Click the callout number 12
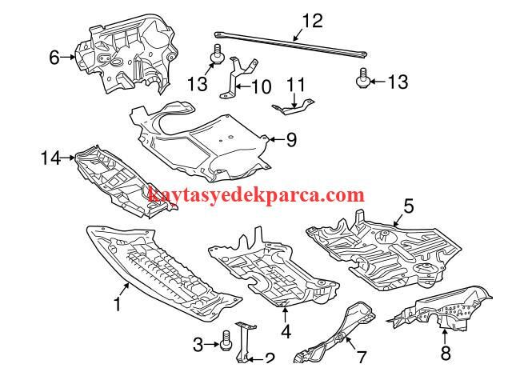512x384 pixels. point(313,21)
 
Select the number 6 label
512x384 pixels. point(54,58)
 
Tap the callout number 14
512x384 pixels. point(50,158)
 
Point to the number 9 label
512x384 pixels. point(291,140)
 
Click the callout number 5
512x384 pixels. point(409,206)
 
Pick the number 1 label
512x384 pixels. point(118,303)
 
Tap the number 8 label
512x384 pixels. point(446,353)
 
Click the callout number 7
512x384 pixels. point(361,357)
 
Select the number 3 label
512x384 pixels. point(198,345)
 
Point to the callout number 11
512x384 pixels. point(296,85)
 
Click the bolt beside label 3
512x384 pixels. point(225,341)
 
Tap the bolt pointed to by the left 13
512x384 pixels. point(217,54)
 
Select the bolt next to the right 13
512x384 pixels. point(362,78)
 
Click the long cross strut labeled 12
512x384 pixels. point(291,45)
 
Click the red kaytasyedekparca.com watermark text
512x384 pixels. point(256,195)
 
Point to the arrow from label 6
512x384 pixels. point(68,57)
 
